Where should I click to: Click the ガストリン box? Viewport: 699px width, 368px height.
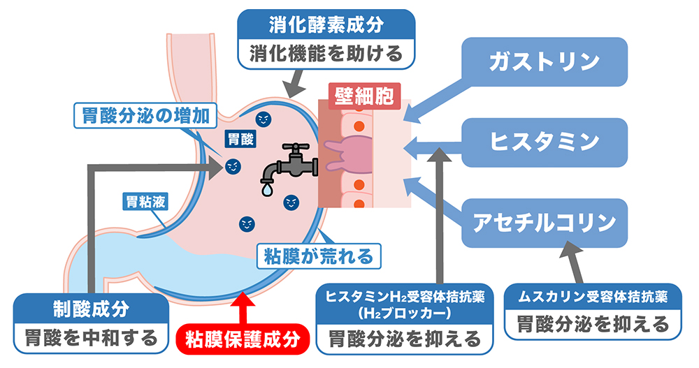coord(545,62)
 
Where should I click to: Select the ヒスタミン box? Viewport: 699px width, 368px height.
coord(545,142)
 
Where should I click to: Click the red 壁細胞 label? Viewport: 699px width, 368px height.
coord(364,96)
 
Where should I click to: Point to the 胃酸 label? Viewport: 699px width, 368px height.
coord(240,140)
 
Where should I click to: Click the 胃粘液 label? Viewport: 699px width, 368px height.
coord(146,202)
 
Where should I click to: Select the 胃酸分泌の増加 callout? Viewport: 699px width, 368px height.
coord(145,116)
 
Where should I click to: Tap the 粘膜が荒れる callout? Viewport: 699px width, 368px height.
coord(319,256)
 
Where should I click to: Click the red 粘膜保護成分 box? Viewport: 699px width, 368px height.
coord(243,339)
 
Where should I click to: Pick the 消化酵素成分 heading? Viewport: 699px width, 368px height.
coord(326,25)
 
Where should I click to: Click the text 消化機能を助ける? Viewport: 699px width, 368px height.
coord(326,54)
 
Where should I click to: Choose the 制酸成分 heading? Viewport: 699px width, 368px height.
coord(91,309)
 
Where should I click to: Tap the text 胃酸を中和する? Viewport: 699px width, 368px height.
coord(91,338)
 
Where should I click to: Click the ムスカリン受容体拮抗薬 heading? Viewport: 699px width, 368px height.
coord(593,297)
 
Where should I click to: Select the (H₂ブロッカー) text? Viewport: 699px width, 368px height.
coord(404,314)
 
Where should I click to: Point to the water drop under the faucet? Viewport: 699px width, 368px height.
coord(268,189)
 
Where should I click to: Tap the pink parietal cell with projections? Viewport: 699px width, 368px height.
coord(350,154)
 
